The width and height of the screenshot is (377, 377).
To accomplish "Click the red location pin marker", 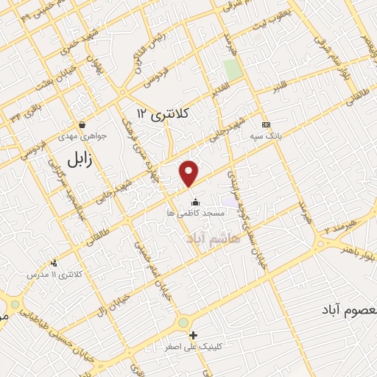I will coord(190,174).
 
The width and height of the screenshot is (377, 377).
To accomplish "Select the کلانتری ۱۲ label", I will coord(163,113).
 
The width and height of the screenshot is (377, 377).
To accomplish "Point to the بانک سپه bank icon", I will coord(266,125).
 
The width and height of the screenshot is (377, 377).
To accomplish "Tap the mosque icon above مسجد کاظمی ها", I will coord(195,202).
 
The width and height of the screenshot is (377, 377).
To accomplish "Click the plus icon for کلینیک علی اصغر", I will coord(194,335).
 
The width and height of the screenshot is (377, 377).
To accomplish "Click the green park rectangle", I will coord(233,70).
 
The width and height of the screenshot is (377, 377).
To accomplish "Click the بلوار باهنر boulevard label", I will coord(355,249).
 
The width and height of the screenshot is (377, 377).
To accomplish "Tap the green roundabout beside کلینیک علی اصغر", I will coord(183,323).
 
